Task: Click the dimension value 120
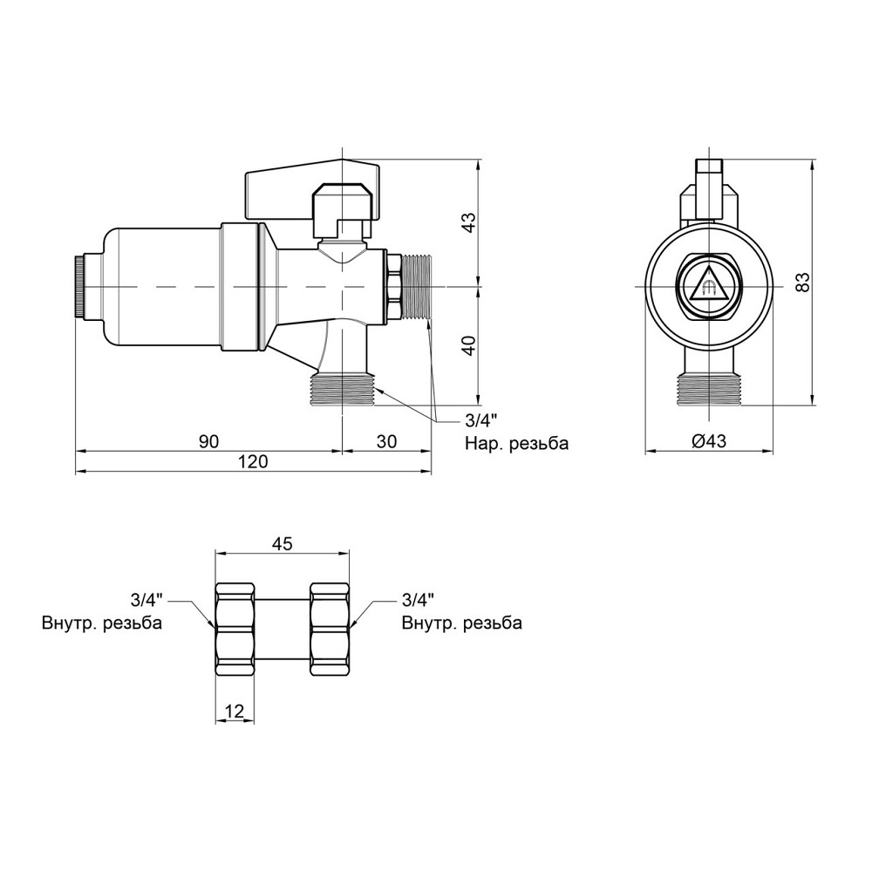pos(254,461)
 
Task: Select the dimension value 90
pos(209,441)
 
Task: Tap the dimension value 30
pos(386,441)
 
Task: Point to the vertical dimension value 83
pos(802,283)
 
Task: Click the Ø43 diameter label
pos(709,441)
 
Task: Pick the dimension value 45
pos(283,543)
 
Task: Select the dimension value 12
pos(235,711)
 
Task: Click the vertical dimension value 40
pos(470,346)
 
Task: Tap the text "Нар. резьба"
pos(516,443)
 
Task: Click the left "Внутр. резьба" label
pos(102,623)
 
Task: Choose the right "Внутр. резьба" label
pos(462,623)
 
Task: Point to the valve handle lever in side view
pos(312,189)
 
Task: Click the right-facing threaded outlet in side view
pos(417,287)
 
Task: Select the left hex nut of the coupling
pos(235,629)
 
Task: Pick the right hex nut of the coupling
pos(330,629)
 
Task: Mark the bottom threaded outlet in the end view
pos(709,389)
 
